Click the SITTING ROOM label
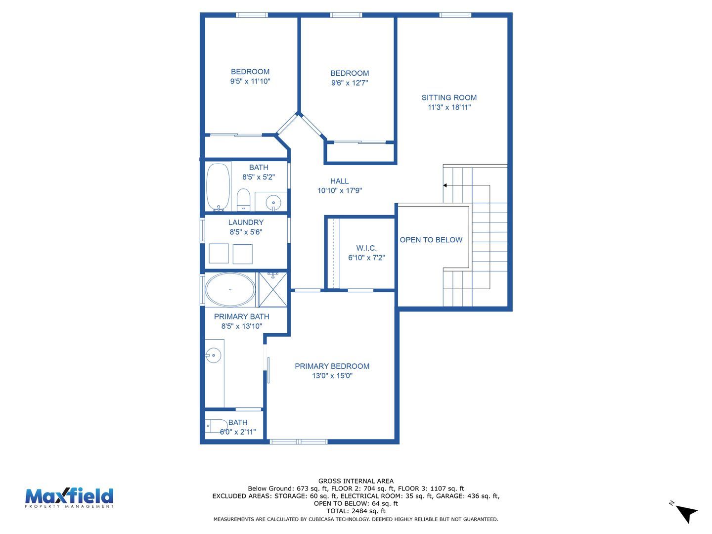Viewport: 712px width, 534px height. point(449,97)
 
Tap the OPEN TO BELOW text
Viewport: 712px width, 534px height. point(431,240)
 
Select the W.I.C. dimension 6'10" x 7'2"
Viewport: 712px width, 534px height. point(366,258)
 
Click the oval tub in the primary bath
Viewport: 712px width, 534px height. point(230,290)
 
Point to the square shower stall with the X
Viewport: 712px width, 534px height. point(273,290)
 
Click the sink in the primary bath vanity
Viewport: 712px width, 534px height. point(214,356)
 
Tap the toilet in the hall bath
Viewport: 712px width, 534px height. point(243,200)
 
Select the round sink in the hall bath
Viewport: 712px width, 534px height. point(273,203)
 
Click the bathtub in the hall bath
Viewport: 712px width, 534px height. point(219,187)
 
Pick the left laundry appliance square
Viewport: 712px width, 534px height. point(219,254)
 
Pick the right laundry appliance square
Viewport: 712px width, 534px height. point(243,254)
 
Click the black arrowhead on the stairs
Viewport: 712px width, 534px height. point(445,185)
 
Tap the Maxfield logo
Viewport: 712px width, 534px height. point(69,498)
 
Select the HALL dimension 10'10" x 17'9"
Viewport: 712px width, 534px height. point(339,191)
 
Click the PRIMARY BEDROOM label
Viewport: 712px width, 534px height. point(332,366)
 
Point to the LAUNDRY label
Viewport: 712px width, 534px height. point(246,222)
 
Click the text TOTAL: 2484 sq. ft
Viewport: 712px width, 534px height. point(356,511)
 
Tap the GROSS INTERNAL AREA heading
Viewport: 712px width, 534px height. point(356,481)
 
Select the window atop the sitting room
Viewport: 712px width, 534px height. point(455,15)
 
